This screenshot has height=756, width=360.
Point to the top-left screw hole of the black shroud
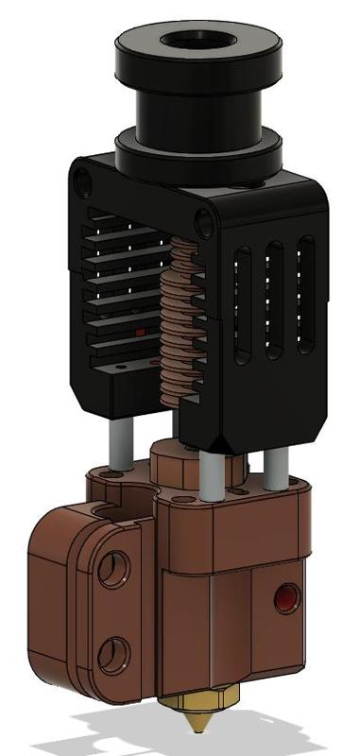tap(86, 178)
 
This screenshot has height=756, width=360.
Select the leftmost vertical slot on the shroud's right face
tap(244, 305)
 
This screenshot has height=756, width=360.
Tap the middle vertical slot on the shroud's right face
tap(275, 301)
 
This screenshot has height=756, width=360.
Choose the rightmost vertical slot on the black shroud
tap(305, 295)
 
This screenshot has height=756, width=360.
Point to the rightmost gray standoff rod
tap(275, 468)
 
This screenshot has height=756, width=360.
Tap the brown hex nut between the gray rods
tap(174, 463)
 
